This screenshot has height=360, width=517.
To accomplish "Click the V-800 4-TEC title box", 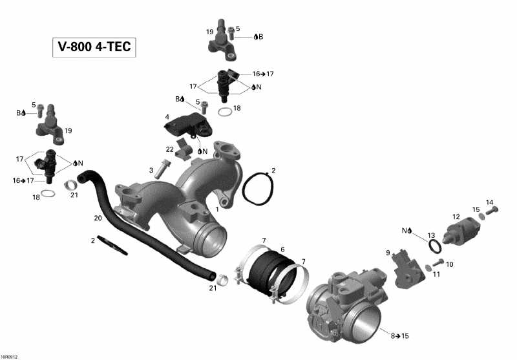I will coord(94,48).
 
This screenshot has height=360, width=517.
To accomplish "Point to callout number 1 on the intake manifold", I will coord(217,209).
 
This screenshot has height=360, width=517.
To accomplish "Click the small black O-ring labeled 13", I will coord(436,246).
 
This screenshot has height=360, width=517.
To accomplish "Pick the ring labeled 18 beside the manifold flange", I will coord(226,112).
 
